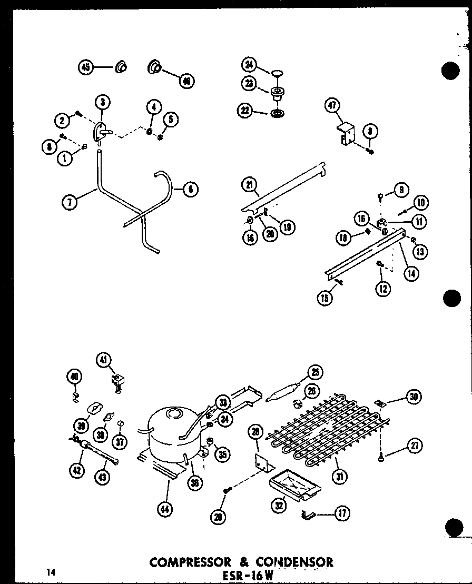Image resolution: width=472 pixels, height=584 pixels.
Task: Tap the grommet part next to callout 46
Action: (x=155, y=67)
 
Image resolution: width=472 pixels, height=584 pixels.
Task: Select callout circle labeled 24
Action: (x=249, y=65)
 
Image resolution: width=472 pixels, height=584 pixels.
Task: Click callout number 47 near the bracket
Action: (x=332, y=106)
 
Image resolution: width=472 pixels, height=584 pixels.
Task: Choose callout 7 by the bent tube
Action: (x=69, y=201)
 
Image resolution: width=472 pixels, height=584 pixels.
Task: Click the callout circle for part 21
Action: (x=249, y=185)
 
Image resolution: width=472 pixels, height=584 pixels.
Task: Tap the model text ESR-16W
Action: (x=247, y=576)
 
